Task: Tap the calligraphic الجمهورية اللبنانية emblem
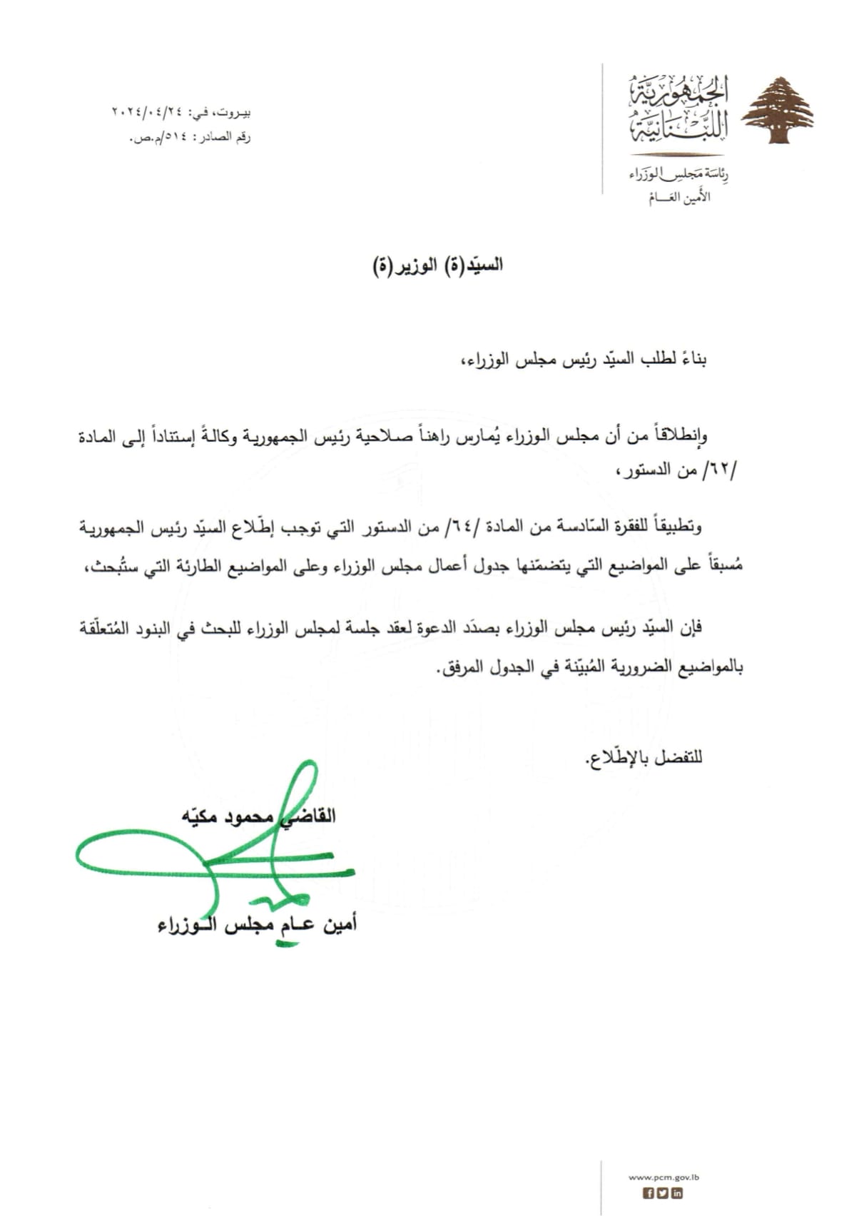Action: point(678,107)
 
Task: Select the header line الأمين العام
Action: point(678,198)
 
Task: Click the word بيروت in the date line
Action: point(235,113)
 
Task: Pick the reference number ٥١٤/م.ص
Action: point(156,137)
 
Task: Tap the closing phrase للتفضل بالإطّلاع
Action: point(644,756)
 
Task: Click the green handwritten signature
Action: point(214,856)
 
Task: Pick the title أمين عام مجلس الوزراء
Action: point(257,926)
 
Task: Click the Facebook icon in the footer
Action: point(649,1193)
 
